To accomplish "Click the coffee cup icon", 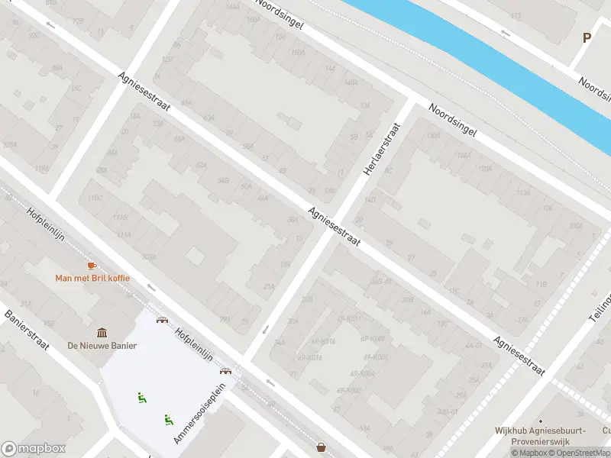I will tap(92, 265).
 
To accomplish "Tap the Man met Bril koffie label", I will tap(92, 278).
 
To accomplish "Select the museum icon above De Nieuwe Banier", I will tap(102, 333).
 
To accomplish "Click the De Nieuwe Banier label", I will tap(102, 346).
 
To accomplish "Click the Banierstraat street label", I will tap(27, 330).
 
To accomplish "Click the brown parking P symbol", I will tap(587, 37).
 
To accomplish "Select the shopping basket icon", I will tap(322, 447).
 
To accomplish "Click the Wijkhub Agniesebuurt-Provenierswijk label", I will tap(540, 435).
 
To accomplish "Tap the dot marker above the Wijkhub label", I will tap(540, 421).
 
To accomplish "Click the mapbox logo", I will tap(33, 449).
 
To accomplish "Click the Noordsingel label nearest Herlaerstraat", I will tap(452, 121).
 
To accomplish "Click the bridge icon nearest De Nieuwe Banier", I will tap(162, 319).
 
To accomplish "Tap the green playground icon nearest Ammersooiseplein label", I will tap(167, 418).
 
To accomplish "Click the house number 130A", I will tap(433, 136).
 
